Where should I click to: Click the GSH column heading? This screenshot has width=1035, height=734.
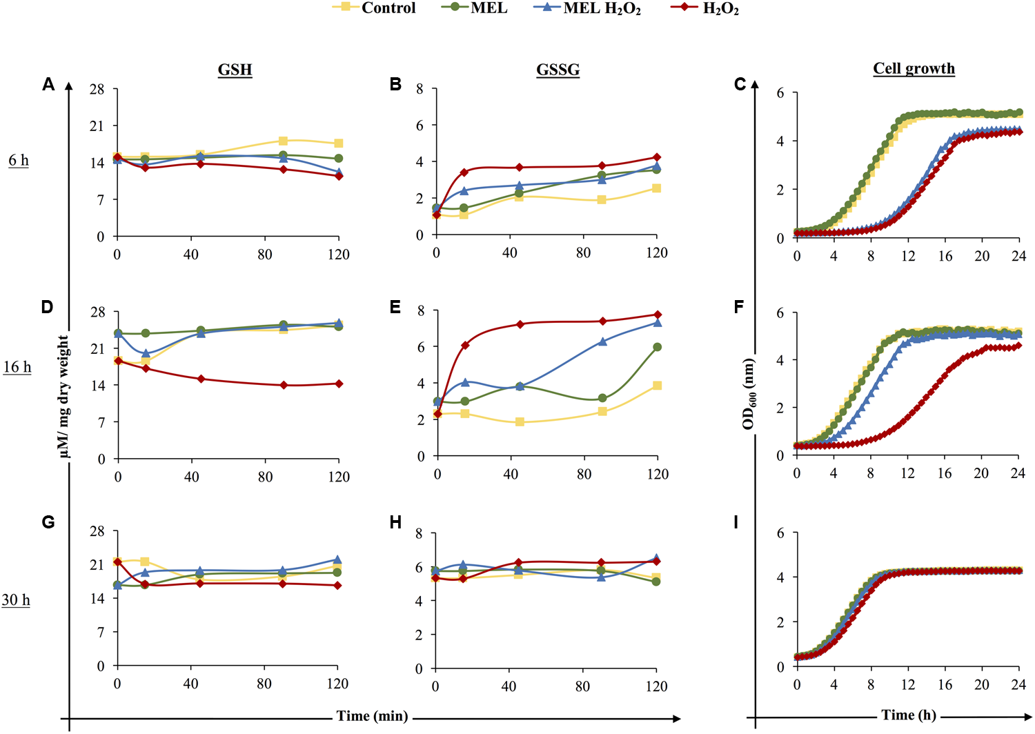click(235, 70)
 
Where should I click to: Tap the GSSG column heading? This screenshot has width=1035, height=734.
click(558, 70)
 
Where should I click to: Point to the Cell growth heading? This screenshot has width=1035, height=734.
click(914, 68)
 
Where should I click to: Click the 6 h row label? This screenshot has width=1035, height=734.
click(19, 161)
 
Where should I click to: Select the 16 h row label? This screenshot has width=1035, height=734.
click(17, 367)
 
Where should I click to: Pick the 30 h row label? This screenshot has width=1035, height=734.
click(16, 600)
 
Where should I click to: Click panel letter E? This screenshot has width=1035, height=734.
click(395, 307)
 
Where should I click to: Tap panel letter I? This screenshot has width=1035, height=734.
click(736, 522)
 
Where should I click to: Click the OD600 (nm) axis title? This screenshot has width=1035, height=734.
click(749, 394)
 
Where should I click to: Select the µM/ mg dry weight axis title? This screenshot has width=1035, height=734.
click(63, 396)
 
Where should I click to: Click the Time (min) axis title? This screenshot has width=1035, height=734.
click(372, 716)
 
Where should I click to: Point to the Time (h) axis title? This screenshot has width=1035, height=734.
click(909, 715)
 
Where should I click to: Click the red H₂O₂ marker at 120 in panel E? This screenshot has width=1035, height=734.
click(658, 315)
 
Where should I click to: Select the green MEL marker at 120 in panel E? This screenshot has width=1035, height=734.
click(658, 347)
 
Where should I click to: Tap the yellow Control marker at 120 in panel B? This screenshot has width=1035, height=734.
click(657, 188)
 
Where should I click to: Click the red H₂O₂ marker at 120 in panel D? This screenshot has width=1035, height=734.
click(339, 384)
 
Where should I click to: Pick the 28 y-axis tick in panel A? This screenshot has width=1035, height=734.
click(97, 90)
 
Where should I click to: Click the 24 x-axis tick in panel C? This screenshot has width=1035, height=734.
click(1018, 256)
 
